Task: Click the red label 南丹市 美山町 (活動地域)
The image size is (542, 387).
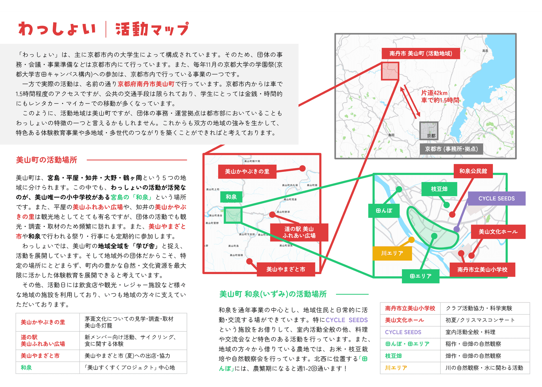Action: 421,54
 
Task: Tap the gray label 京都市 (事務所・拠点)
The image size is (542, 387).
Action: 451,149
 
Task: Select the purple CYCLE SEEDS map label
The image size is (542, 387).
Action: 497,198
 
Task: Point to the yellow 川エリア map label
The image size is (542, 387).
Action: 392,253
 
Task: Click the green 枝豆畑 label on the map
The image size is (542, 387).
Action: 439,189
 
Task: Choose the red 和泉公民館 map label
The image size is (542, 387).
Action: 473,171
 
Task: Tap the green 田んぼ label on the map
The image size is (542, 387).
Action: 384,211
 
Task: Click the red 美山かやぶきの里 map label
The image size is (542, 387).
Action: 247,172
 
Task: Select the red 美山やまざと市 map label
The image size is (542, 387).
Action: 286,269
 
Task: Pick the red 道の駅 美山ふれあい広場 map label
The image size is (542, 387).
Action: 299,232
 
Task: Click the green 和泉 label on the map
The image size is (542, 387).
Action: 231,197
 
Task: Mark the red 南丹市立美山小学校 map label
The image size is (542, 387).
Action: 482,270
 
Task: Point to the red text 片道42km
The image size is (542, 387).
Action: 434,93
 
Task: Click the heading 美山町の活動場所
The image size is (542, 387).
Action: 47,160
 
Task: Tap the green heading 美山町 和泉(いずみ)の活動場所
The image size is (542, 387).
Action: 273,294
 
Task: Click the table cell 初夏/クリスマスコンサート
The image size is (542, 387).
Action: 480,320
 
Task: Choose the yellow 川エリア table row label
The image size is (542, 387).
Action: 396,368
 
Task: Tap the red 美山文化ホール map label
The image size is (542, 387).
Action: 498,232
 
